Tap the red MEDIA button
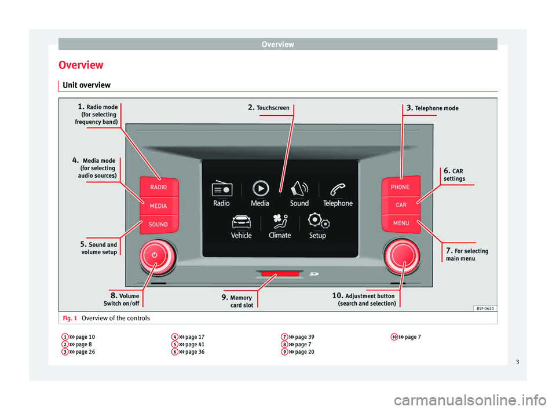[x=159, y=206]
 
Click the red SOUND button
[x=159, y=224]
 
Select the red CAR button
[x=401, y=205]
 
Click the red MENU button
[x=401, y=223]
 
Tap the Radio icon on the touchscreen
[x=222, y=189]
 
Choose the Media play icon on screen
[x=261, y=188]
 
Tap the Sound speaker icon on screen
[x=299, y=189]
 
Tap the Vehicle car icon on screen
[x=241, y=222]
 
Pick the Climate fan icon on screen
[x=280, y=222]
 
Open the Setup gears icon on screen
[x=318, y=222]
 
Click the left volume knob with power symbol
[x=154, y=255]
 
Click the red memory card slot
[x=280, y=273]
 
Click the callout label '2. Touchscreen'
[x=268, y=108]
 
